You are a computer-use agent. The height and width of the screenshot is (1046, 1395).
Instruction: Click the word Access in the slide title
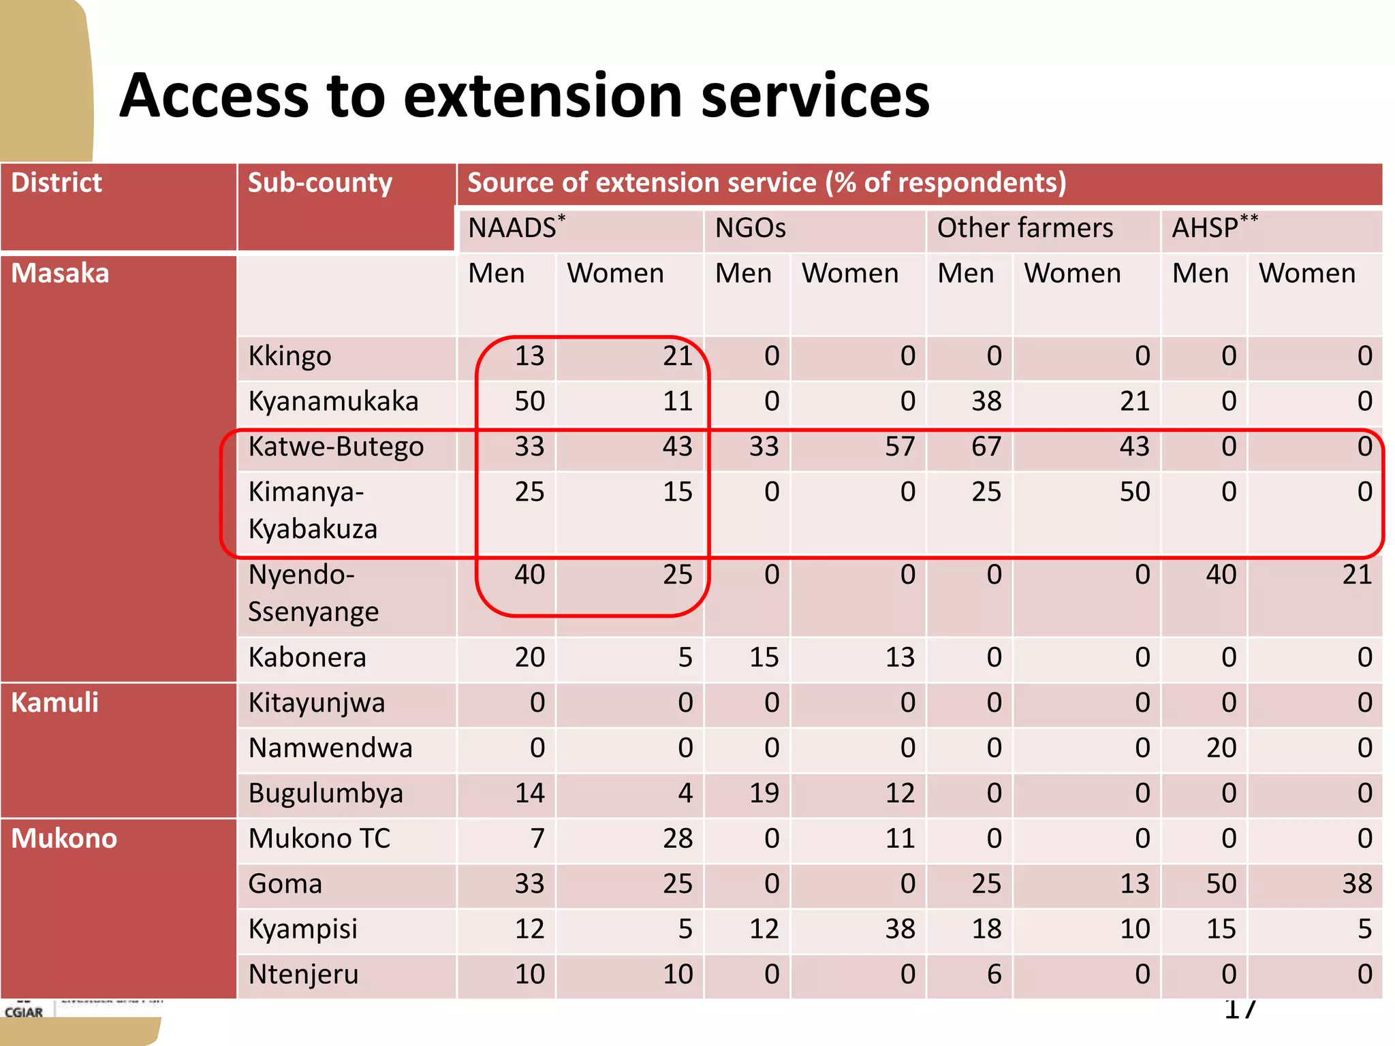pos(215,96)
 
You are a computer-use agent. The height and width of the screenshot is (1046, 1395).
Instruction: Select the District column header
pos(57,183)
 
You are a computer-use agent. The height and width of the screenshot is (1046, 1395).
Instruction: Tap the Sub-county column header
pos(319,183)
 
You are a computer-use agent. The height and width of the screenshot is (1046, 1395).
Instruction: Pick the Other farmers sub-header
pos(1024,228)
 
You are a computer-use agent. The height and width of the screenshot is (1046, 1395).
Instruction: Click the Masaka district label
pos(60,274)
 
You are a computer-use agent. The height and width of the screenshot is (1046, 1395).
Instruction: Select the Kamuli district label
pos(54,703)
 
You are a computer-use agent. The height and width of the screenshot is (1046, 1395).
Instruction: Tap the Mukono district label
pos(64,838)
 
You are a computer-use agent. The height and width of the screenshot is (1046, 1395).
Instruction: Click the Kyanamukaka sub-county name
pos(333,402)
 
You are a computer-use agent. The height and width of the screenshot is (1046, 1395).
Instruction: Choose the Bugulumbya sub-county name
pos(326,793)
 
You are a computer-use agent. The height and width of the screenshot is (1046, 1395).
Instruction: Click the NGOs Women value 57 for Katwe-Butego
pos(899,447)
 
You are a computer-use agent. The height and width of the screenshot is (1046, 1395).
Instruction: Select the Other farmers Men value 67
pos(986,447)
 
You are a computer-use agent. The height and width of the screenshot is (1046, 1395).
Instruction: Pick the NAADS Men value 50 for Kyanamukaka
pos(529,402)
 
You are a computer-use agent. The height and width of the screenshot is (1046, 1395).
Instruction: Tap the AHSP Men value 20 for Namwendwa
pos(1221,748)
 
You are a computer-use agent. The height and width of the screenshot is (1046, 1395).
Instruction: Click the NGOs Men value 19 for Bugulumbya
pos(764,793)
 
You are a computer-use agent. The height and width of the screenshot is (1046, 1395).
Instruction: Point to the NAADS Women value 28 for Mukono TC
pos(677,838)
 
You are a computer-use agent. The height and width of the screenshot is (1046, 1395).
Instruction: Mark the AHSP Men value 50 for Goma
pos(1221,884)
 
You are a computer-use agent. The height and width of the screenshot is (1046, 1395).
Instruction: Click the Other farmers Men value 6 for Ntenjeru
pos(994,974)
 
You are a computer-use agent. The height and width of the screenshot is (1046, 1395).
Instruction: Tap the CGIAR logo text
pos(24,1013)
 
